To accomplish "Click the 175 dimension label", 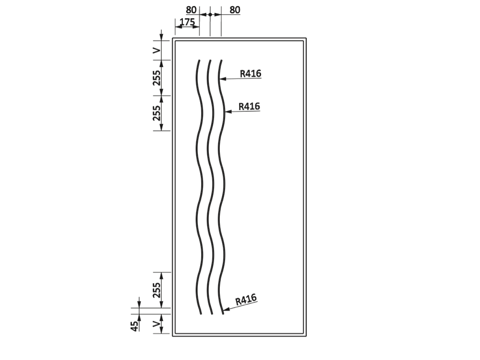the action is [187, 22].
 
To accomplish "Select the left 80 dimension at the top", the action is [191, 10].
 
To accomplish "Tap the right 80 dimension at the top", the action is [235, 10].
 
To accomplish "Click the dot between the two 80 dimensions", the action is [210, 14].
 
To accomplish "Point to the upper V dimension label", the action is [156, 50].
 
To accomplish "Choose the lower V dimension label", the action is [156, 324].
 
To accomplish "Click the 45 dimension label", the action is [134, 326].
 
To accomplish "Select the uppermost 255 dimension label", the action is [156, 78].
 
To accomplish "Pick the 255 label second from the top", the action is [156, 113].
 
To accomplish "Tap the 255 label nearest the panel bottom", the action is [156, 290].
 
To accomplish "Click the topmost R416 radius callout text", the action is [251, 73].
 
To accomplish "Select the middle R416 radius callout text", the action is [249, 106].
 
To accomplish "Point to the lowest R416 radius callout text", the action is [246, 300].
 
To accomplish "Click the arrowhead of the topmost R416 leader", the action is [220, 79].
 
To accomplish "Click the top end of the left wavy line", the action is [199, 60].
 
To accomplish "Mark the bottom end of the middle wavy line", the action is [212, 314].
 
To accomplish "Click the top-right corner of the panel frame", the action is [306, 38].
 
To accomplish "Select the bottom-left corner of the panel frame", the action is [173, 336].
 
